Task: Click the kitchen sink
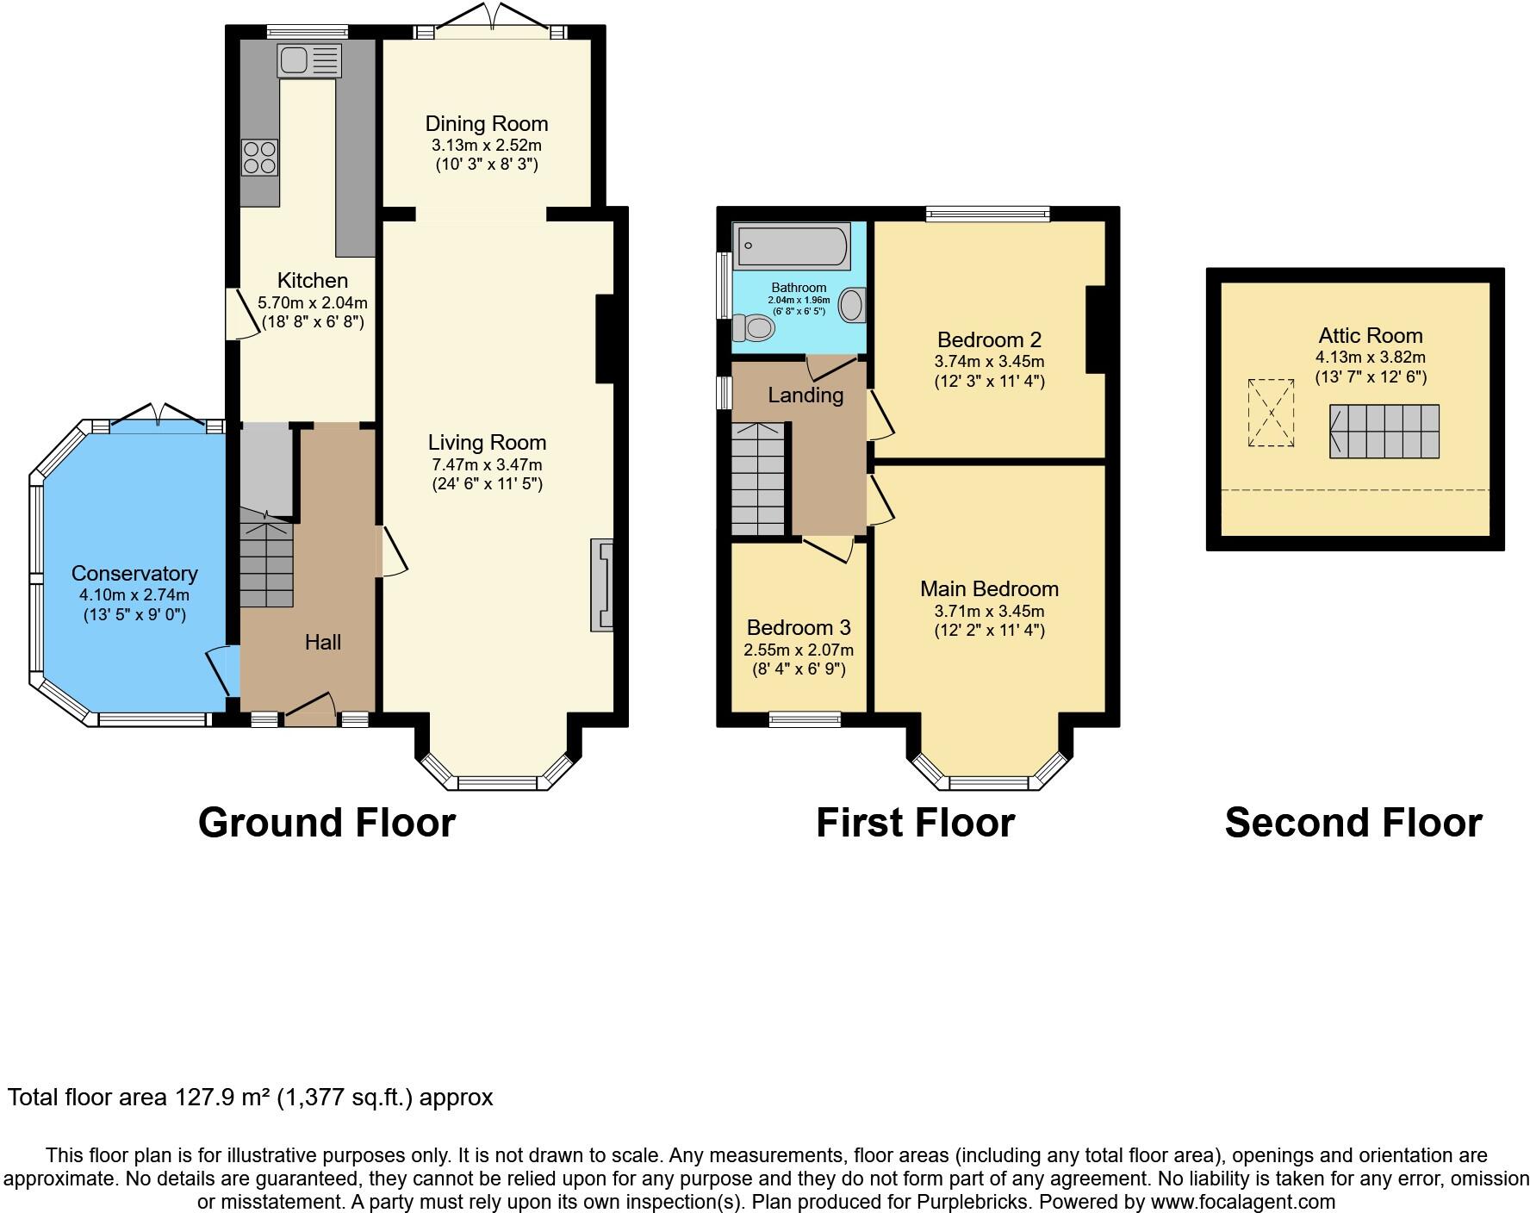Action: tap(309, 60)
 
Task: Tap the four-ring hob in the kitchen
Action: tap(259, 157)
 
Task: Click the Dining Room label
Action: tap(487, 124)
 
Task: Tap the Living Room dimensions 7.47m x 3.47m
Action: tap(487, 464)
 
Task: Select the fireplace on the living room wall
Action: tap(601, 585)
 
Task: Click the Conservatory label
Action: tap(134, 574)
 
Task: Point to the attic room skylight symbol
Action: tap(1272, 413)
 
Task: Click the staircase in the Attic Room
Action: tap(1384, 432)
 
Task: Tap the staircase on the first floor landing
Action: tap(759, 479)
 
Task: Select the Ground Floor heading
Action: tap(327, 823)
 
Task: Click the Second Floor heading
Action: tap(1353, 823)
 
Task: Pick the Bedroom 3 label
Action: tap(799, 628)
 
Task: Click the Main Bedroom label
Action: tap(989, 589)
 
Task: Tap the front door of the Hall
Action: tap(310, 708)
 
